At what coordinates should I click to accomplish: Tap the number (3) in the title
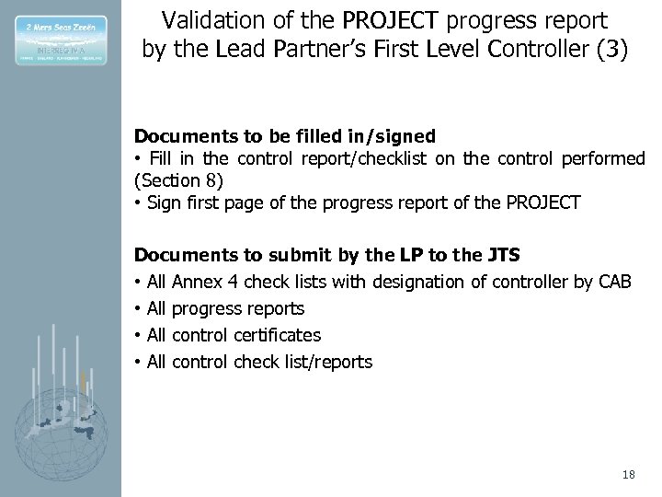point(611,48)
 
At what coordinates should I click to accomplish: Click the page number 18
point(628,474)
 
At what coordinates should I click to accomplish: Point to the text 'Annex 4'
point(201,280)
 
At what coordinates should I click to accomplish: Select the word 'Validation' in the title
point(201,18)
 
